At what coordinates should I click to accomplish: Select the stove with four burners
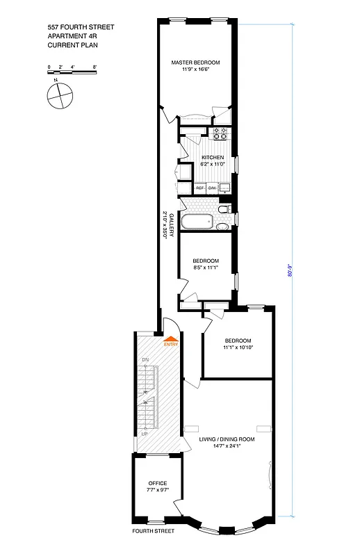point(221,133)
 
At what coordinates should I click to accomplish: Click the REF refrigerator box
point(200,188)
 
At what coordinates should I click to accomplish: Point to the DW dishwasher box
point(212,188)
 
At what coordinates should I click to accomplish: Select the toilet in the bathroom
point(222,208)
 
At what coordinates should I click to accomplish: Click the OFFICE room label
point(158,483)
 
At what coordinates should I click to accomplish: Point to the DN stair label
point(145,359)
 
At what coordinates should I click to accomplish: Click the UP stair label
point(145,433)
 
